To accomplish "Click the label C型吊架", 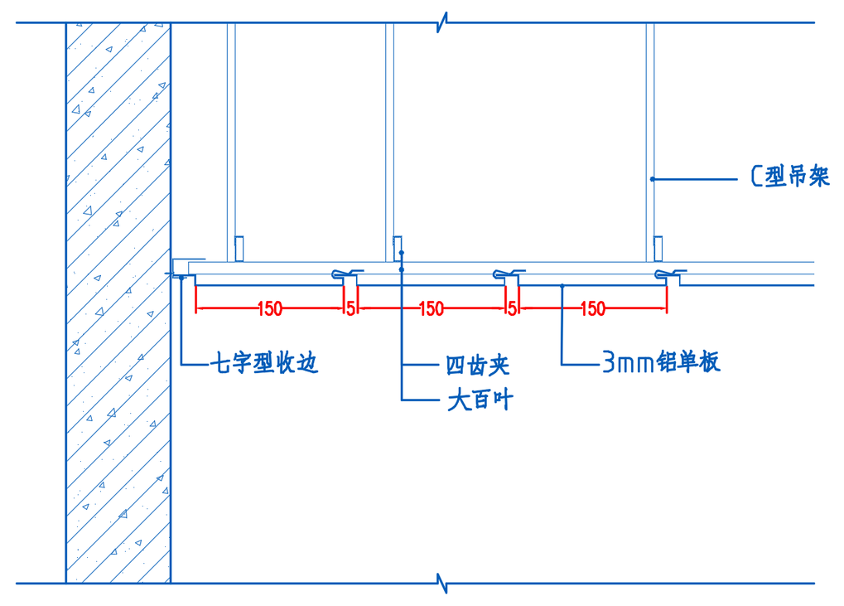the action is (x=789, y=177).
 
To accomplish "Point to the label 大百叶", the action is (x=480, y=401).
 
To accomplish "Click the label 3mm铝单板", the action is (x=661, y=362).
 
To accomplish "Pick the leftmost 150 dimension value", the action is (x=269, y=309).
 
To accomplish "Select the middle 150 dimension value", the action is (x=431, y=309).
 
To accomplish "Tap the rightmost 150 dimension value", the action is (x=592, y=309).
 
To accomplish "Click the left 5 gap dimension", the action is (x=350, y=309).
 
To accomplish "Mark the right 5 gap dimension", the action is (x=512, y=309).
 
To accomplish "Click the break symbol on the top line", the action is (x=445, y=22).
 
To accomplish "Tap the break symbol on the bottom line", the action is (x=445, y=583).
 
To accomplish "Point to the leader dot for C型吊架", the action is (x=653, y=178).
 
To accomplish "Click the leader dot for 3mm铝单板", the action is (x=562, y=286).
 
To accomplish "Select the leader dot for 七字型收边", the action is (x=182, y=279).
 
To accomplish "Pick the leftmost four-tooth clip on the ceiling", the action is (x=346, y=274).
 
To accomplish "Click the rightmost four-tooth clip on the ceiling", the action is (x=669, y=274).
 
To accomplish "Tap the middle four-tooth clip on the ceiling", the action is (x=508, y=274).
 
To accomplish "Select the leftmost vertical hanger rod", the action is (x=231, y=133).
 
